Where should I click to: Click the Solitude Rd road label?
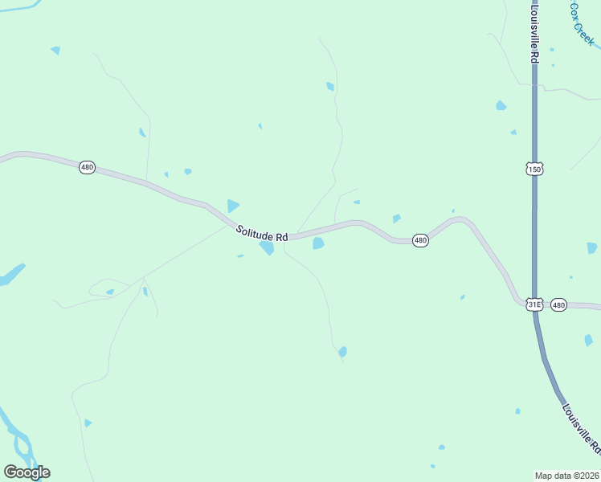click(x=262, y=234)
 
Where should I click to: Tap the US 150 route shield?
click(x=535, y=169)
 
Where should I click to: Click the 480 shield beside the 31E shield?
click(x=559, y=304)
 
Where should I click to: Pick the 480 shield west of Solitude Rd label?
click(x=87, y=167)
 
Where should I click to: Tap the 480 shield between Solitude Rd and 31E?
click(x=420, y=240)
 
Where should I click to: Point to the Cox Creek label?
click(x=582, y=23)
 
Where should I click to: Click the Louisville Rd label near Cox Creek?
click(x=534, y=32)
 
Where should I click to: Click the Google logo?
click(x=27, y=472)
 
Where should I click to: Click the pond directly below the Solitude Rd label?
click(x=267, y=248)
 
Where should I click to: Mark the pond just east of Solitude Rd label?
click(x=318, y=243)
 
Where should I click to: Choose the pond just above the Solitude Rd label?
click(x=233, y=206)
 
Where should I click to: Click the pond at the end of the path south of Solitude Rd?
click(x=343, y=352)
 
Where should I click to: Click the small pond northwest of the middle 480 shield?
click(x=396, y=219)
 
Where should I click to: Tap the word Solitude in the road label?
click(x=252, y=231)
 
